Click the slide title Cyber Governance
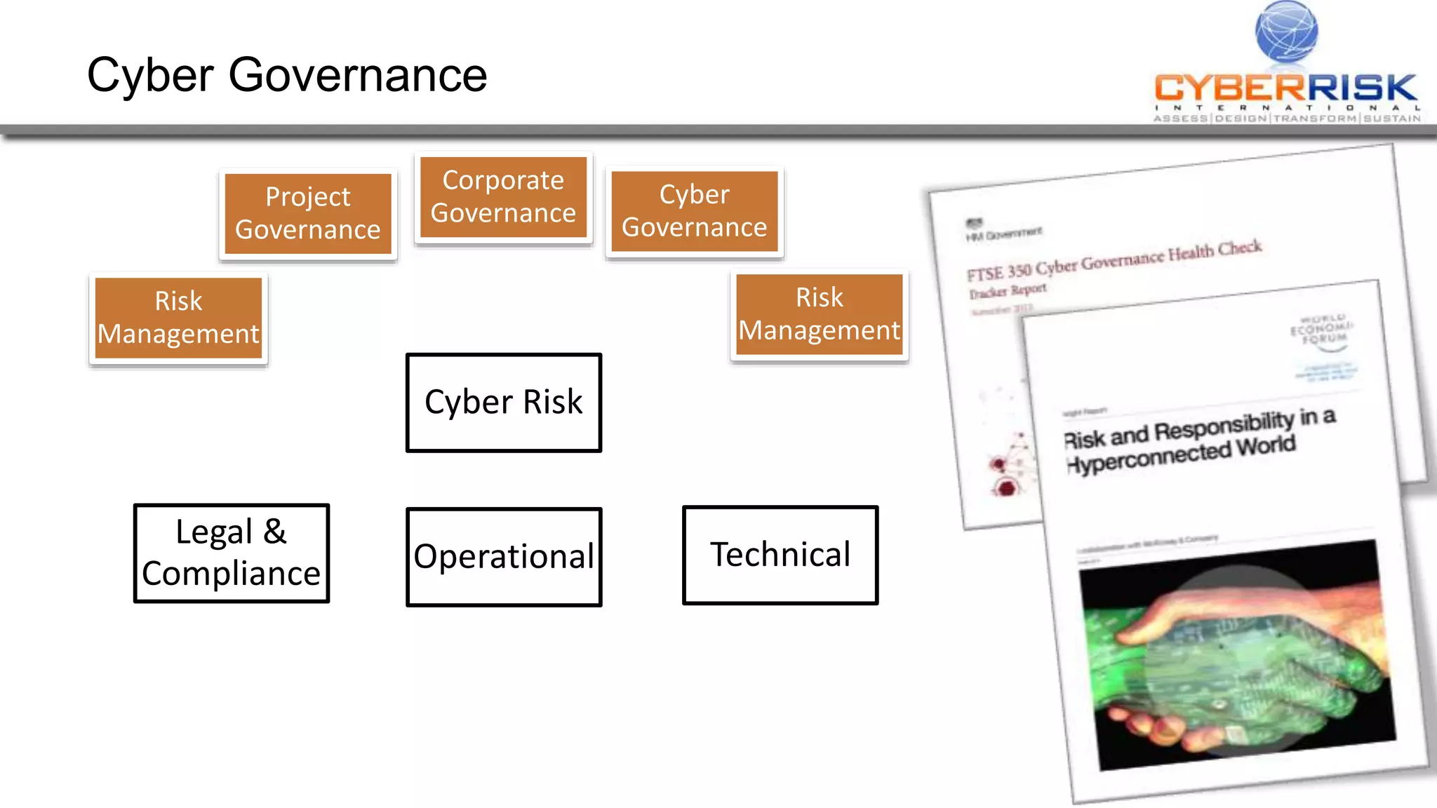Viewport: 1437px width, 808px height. [x=286, y=75]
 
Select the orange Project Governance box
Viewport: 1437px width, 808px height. [x=307, y=213]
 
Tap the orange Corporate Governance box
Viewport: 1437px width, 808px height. [x=503, y=197]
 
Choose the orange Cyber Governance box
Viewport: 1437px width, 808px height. [x=694, y=211]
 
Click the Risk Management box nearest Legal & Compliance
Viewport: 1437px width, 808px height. [x=178, y=318]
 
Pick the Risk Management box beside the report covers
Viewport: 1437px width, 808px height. [x=819, y=314]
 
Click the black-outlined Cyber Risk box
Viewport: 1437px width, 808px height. [x=503, y=403]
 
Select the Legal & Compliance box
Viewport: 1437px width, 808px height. [x=231, y=553]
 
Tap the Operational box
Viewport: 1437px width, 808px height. [x=503, y=556]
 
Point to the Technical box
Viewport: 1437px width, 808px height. [x=780, y=555]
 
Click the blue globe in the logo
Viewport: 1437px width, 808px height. [x=1286, y=32]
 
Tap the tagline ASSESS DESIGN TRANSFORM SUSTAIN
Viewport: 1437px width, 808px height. [x=1286, y=119]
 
